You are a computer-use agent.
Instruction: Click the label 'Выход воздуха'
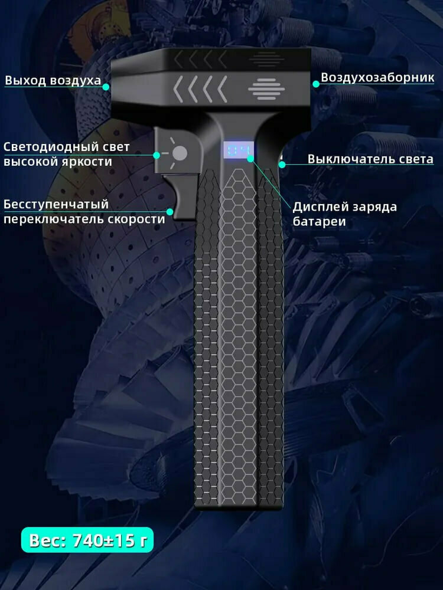(53, 80)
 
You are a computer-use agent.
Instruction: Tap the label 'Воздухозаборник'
(377, 77)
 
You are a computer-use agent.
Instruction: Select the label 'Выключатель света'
(370, 159)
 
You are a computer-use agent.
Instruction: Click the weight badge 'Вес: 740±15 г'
(87, 539)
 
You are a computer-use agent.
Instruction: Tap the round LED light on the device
(180, 154)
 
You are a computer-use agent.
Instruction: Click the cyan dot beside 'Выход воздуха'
(106, 86)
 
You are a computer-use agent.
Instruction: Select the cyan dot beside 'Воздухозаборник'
(316, 84)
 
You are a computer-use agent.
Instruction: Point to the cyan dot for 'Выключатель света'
(282, 165)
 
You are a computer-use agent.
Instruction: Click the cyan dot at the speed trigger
(170, 211)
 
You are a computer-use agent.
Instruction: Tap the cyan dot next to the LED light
(157, 155)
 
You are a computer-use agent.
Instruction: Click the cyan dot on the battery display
(250, 158)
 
